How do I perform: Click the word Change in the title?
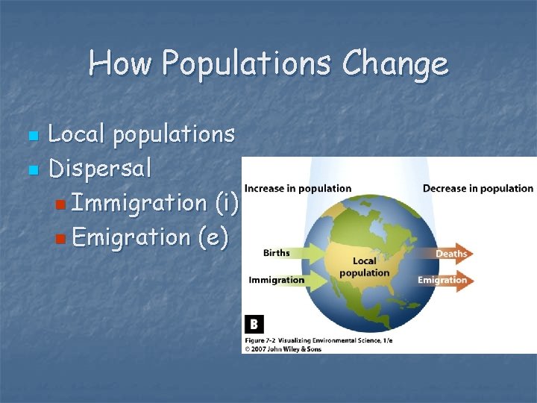click(x=395, y=64)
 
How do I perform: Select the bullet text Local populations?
click(x=142, y=135)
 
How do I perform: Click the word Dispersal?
click(x=100, y=169)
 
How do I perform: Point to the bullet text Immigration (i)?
click(x=156, y=202)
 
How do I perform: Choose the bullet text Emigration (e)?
click(x=151, y=237)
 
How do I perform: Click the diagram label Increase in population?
click(x=298, y=188)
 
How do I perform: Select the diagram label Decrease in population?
click(x=478, y=188)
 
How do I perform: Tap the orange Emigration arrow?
click(x=443, y=281)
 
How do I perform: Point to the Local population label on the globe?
click(x=365, y=266)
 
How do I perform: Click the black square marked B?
click(x=254, y=324)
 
